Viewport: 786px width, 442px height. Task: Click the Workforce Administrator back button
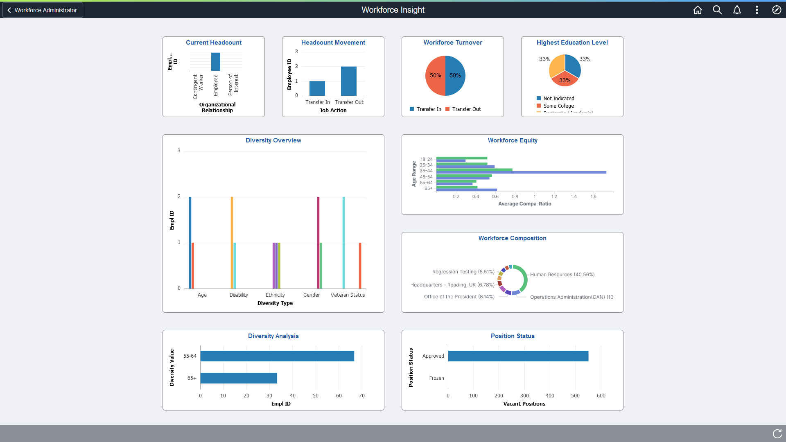(x=43, y=10)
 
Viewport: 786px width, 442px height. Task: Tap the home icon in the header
(x=698, y=10)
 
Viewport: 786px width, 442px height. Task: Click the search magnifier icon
(x=717, y=10)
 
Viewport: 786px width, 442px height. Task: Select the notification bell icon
(x=737, y=10)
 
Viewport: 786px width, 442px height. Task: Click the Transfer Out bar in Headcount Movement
(x=348, y=81)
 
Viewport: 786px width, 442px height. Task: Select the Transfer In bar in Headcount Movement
(x=317, y=88)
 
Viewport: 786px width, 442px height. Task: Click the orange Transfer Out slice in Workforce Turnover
(x=435, y=76)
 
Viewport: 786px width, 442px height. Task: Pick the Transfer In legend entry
(x=426, y=109)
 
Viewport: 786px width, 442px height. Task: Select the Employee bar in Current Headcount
(x=216, y=62)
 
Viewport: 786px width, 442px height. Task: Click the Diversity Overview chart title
(x=273, y=140)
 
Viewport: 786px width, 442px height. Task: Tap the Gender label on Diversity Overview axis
(x=311, y=295)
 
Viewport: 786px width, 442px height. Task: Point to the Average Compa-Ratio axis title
(x=524, y=204)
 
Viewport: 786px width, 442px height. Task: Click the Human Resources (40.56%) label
(x=562, y=275)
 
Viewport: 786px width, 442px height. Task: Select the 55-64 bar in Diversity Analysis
(x=277, y=356)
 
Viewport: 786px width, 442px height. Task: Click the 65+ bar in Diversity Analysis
(x=239, y=378)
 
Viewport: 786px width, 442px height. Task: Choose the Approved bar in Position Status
(x=518, y=356)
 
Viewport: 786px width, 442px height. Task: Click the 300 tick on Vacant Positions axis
(x=524, y=396)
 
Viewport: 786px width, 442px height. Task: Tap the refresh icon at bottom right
(x=777, y=433)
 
